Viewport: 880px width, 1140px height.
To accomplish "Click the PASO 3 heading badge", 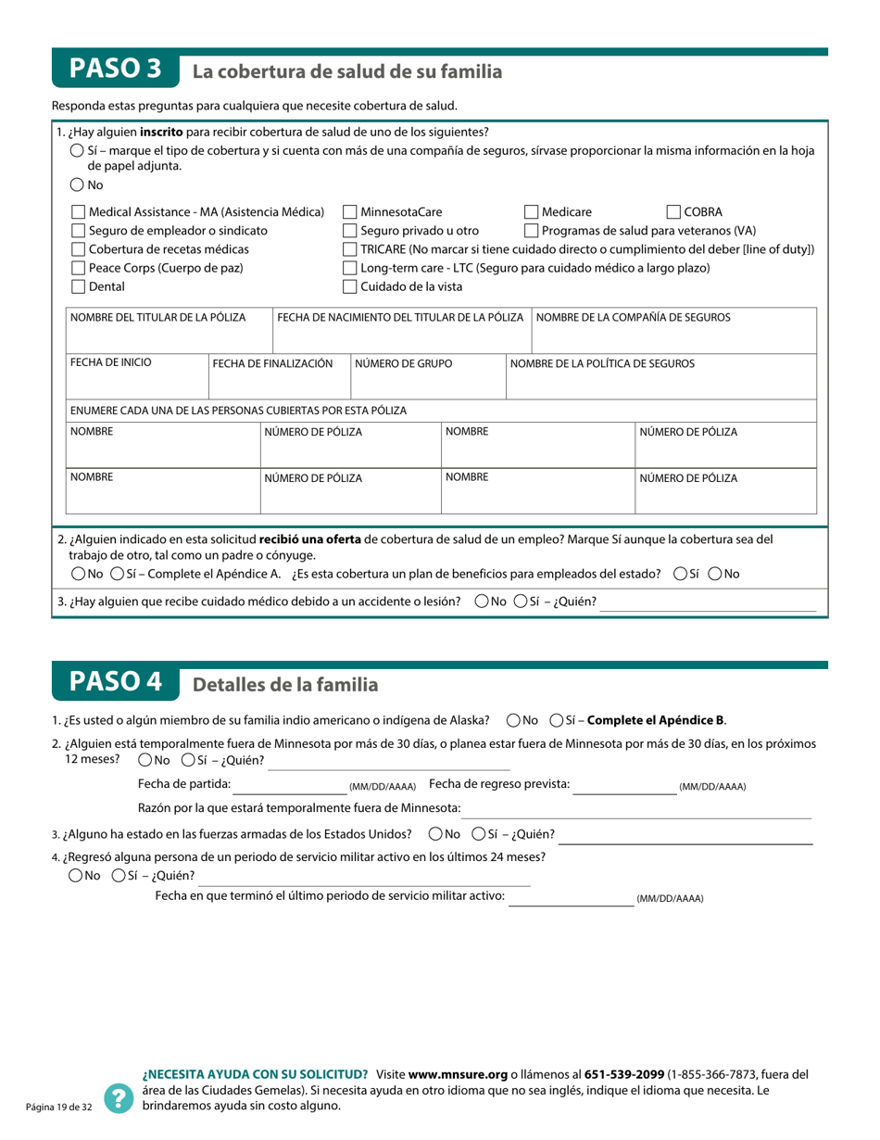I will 115,69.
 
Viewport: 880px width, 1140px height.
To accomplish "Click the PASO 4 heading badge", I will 115,683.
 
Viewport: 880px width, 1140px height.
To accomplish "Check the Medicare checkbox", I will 532,212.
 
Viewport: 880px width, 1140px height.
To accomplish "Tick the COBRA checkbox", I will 674,212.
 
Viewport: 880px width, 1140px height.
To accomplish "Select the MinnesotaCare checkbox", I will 350,212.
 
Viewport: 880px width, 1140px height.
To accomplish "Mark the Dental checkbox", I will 79,286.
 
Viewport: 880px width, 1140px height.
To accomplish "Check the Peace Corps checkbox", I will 79,268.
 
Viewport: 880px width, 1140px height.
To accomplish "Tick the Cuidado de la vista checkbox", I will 350,286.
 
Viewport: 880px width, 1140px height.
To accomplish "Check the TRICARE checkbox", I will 350,249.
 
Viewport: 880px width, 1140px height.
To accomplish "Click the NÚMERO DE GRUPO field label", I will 404,363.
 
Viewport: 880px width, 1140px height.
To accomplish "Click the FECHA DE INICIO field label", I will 111,362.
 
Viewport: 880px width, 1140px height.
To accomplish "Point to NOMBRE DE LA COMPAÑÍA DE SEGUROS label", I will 634,317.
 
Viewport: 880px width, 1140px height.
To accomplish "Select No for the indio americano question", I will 514,720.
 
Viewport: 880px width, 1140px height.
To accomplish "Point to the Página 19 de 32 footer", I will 58,1107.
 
